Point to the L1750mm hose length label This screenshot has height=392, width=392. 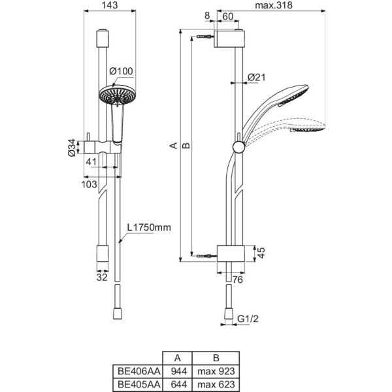(x=149, y=227)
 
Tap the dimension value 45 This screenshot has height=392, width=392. (x=261, y=253)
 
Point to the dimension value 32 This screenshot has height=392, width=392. (x=102, y=276)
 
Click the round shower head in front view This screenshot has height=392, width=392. (x=117, y=95)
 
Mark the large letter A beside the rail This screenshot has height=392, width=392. (x=173, y=145)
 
